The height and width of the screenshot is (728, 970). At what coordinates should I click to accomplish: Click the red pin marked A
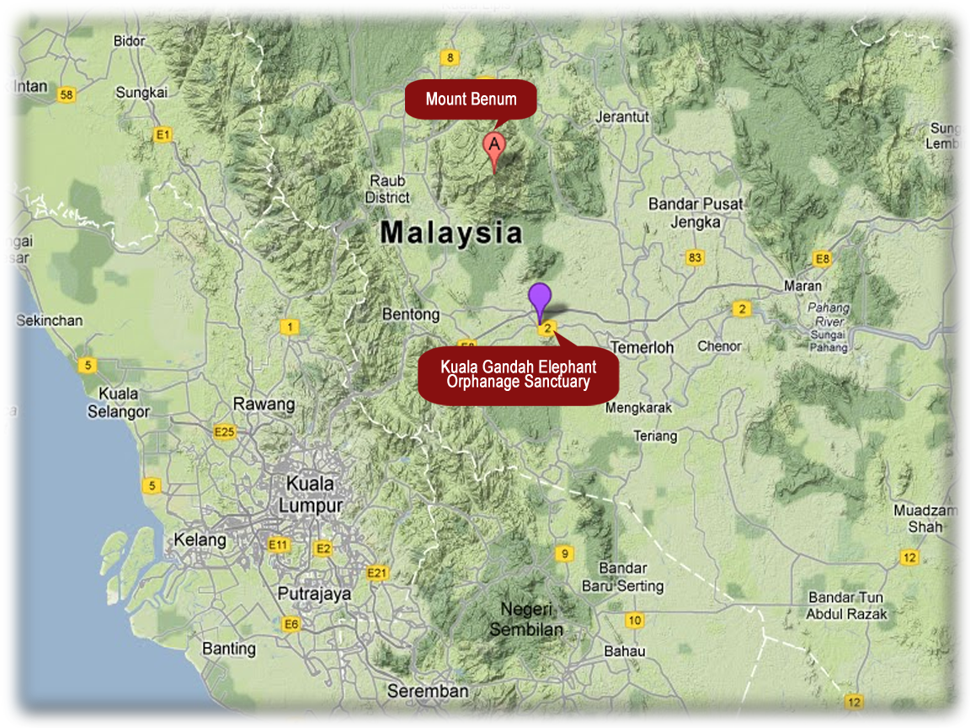pos(494,145)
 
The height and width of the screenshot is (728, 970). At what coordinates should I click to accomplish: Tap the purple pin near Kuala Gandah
pos(540,298)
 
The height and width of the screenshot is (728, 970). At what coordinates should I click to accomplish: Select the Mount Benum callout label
pos(471,99)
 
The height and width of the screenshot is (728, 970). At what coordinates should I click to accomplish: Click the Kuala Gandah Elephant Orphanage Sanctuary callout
pos(518,375)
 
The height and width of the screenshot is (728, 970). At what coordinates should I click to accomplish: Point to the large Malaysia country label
pos(451,233)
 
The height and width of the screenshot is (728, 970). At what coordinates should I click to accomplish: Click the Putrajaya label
pos(314,593)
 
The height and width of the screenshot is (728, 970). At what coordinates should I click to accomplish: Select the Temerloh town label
pos(642,347)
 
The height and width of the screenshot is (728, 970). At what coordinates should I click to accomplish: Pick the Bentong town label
pos(411,314)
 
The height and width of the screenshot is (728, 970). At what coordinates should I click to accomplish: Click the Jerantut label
pos(622,117)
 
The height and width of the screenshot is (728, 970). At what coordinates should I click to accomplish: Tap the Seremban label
pos(428,691)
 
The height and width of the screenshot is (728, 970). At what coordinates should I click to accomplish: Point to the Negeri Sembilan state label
pos(526,619)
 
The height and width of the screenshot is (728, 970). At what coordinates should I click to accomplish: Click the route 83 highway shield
pos(695,258)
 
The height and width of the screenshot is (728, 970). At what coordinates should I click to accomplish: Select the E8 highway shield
pos(823,259)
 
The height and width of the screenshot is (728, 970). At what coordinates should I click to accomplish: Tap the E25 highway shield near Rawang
pos(225,432)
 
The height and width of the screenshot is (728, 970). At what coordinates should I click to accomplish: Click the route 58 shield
pos(67,94)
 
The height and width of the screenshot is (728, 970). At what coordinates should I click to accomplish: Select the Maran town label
pos(802,286)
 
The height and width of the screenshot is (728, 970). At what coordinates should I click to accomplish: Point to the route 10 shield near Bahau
pos(635,621)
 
